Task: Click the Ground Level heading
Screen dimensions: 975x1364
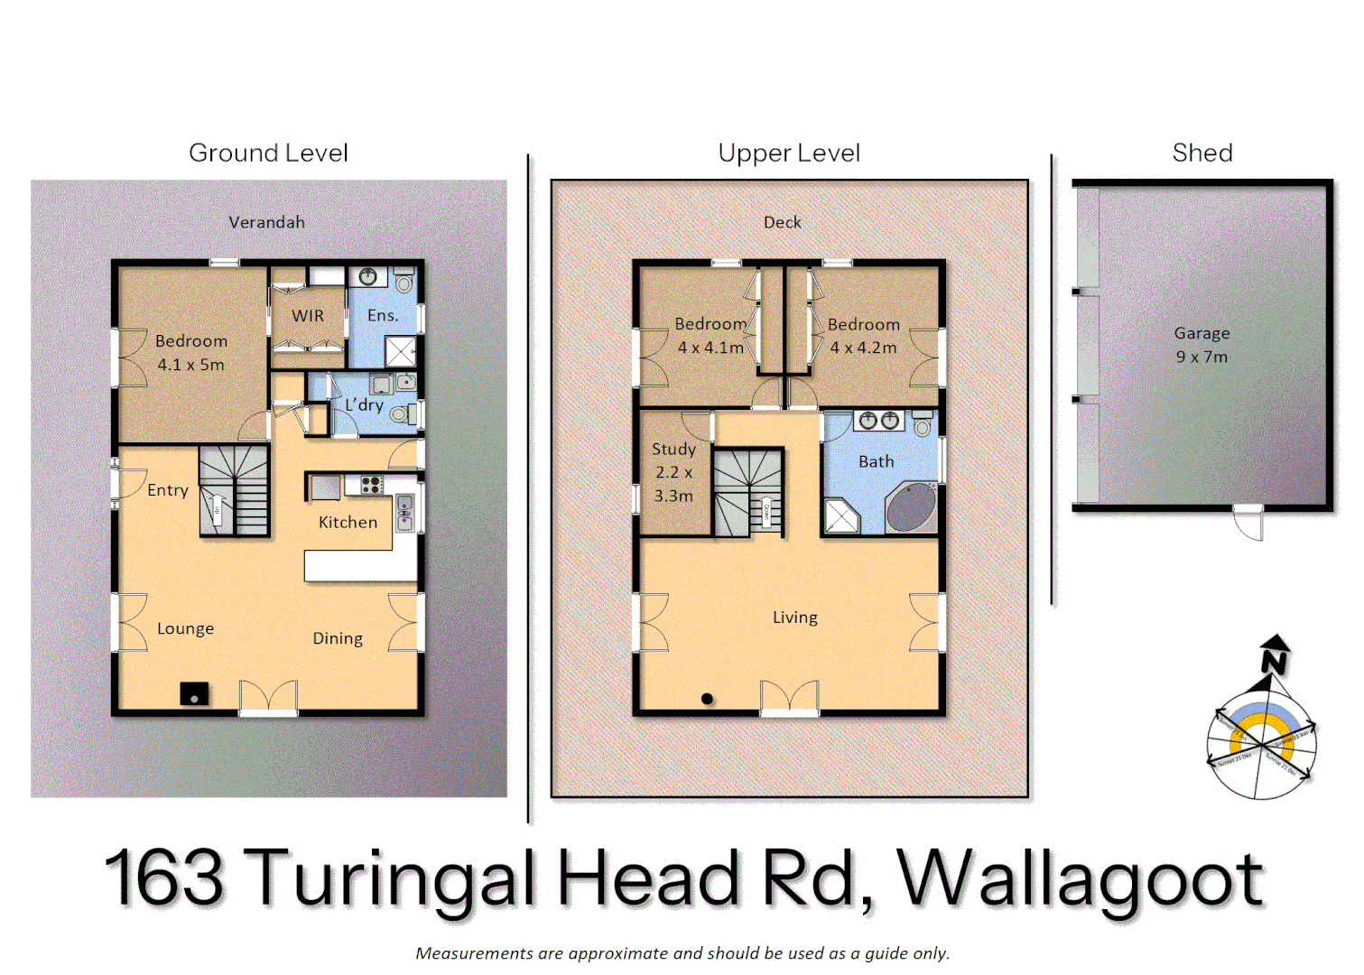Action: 268,153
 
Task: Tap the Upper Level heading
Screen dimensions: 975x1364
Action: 789,153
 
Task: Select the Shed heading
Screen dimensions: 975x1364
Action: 1202,153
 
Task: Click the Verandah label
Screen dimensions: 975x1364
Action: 266,222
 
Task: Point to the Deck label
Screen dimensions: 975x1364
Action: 782,222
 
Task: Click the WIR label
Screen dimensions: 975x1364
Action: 307,316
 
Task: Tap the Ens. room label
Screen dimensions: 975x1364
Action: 382,315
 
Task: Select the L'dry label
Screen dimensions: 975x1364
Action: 364,405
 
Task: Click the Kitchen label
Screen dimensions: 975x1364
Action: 348,522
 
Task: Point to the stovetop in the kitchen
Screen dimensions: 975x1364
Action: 371,486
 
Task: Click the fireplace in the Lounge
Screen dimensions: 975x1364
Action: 194,693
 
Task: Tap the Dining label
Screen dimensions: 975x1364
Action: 338,638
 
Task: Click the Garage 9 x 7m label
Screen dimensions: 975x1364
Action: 1202,345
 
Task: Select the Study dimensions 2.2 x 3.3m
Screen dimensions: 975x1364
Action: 673,484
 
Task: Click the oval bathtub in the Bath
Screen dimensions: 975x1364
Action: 911,507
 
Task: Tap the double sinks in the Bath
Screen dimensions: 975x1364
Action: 879,421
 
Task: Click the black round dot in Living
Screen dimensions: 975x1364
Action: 707,698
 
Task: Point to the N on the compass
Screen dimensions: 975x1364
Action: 1275,662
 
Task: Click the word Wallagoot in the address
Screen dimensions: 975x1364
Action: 1080,878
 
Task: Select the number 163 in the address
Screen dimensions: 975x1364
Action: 164,877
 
